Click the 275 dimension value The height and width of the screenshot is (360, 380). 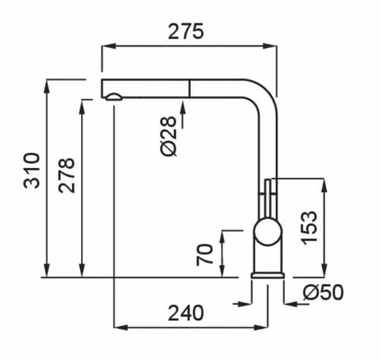[185, 31]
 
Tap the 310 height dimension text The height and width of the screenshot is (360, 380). [32, 170]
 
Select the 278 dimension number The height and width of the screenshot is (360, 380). [67, 175]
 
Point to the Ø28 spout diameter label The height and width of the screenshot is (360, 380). [168, 136]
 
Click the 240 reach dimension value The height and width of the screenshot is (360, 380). [185, 313]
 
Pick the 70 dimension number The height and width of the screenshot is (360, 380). [205, 254]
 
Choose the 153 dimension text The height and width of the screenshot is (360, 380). [309, 228]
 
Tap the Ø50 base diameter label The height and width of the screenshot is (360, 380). [323, 292]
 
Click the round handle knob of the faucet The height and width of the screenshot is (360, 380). [268, 232]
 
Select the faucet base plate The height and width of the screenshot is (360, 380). [268, 276]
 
